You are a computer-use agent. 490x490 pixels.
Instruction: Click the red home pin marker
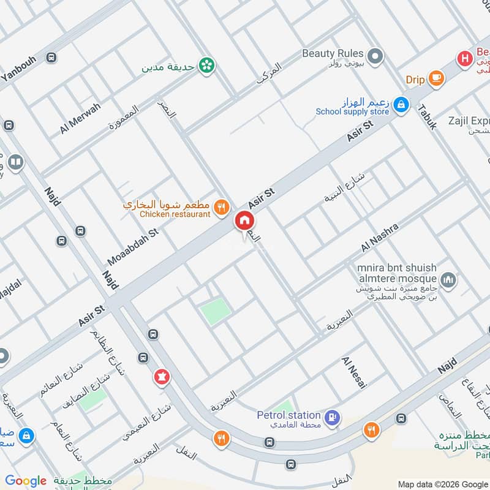pyautogui.click(x=244, y=221)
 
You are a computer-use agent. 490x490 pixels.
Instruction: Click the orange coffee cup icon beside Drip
pyautogui.click(x=436, y=78)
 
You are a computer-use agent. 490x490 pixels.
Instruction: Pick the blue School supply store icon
pyautogui.click(x=401, y=105)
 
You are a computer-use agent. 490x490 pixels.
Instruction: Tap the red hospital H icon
pyautogui.click(x=465, y=58)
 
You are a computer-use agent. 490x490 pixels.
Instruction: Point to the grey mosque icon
pyautogui.click(x=449, y=279)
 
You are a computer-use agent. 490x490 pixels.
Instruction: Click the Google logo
pyautogui.click(x=25, y=481)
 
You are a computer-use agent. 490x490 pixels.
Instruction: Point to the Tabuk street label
pyautogui.click(x=428, y=116)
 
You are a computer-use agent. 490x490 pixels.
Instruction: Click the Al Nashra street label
pyautogui.click(x=380, y=238)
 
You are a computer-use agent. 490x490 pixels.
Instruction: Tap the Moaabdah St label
pyautogui.click(x=133, y=243)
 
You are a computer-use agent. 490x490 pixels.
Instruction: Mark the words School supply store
pyautogui.click(x=352, y=112)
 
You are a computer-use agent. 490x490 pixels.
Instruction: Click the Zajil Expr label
pyautogui.click(x=469, y=121)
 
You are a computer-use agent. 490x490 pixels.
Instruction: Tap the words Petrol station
pyautogui.click(x=288, y=415)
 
